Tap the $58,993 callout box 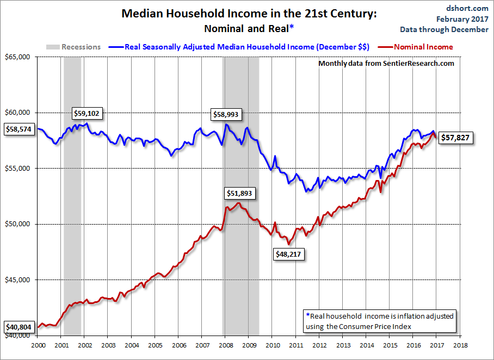click(227, 115)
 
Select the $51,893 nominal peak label click(239, 193)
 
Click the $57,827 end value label click(455, 138)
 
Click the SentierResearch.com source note click(386, 64)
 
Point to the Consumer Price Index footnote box click(379, 320)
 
